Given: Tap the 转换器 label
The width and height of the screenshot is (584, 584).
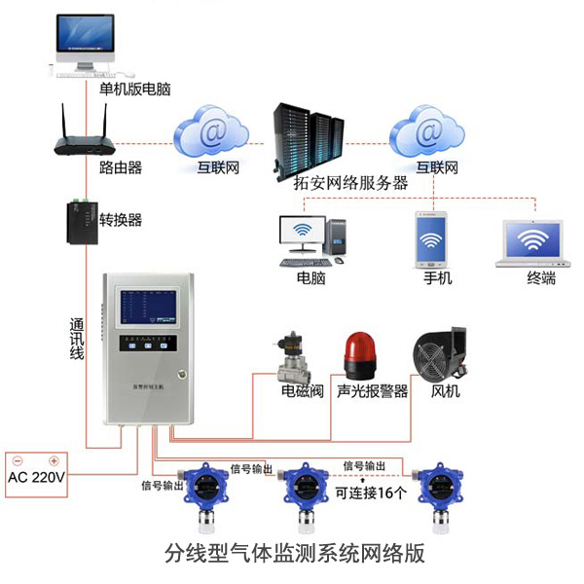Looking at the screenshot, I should pos(121,220).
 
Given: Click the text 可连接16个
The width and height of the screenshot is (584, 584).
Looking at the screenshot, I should pos(371,493).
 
